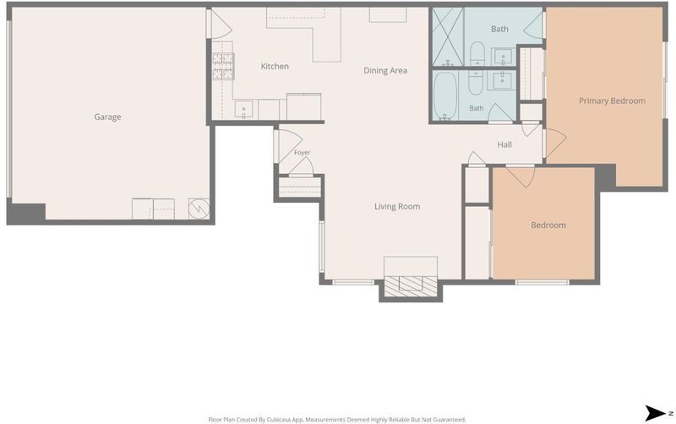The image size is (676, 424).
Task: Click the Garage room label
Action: [x=107, y=117]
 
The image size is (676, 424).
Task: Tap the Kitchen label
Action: [x=275, y=67]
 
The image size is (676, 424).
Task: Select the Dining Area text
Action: [x=385, y=71]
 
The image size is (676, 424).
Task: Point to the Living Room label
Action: [x=397, y=206]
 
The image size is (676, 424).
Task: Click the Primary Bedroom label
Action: [x=612, y=101]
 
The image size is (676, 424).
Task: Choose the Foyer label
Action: [x=302, y=153]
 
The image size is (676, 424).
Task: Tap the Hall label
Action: [x=504, y=144]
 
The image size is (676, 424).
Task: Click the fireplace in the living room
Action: [x=411, y=286]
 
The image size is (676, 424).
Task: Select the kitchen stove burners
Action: [x=223, y=67]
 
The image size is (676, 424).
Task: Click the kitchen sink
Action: [x=243, y=109]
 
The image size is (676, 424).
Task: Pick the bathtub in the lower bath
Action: [x=444, y=96]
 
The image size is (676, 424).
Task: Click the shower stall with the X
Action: [x=448, y=37]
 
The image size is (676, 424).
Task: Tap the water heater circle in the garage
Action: [x=199, y=209]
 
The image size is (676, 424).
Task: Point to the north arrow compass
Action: [x=656, y=413]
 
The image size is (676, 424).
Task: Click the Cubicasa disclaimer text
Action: [x=337, y=420]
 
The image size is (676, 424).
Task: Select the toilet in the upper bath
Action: [x=477, y=53]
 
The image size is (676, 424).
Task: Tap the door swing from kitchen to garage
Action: [x=221, y=24]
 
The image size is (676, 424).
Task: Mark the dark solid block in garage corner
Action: [x=27, y=214]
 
